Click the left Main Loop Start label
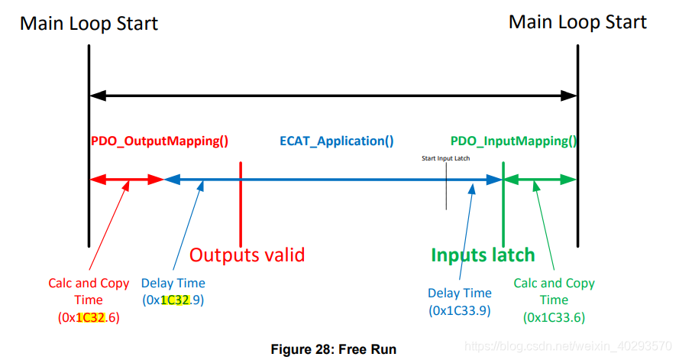(x=89, y=23)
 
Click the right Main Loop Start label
(x=577, y=21)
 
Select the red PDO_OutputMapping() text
(x=160, y=141)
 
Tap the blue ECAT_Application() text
(x=336, y=141)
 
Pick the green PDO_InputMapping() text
(x=513, y=141)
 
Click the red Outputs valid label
(x=247, y=255)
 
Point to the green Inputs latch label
(x=483, y=255)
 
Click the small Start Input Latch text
(x=445, y=159)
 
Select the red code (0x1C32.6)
(x=89, y=316)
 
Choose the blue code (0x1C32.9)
(x=173, y=300)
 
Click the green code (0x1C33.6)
(x=554, y=316)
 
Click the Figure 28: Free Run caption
(x=334, y=349)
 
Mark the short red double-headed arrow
(x=127, y=180)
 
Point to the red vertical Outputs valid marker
(x=241, y=199)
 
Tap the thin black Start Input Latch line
(x=446, y=191)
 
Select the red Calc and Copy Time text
(x=89, y=292)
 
